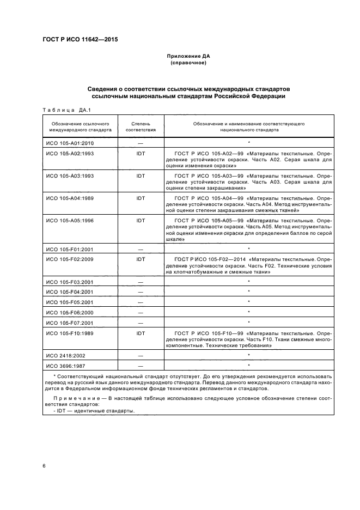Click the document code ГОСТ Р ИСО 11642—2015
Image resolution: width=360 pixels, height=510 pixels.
click(80, 39)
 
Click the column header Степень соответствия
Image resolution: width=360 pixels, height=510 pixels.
click(141, 127)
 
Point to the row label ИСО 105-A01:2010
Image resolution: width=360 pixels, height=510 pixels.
click(70, 143)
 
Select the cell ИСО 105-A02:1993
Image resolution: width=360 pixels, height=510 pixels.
click(70, 154)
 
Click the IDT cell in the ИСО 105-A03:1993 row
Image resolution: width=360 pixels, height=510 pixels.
click(141, 176)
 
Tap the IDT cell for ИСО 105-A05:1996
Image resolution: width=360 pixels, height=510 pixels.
click(141, 220)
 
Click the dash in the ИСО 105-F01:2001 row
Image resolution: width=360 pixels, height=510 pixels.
click(141, 248)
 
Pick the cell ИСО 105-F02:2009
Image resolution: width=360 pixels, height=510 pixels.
click(70, 259)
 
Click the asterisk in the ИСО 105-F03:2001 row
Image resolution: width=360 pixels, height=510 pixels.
click(248, 282)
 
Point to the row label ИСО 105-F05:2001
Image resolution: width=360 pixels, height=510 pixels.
click(70, 302)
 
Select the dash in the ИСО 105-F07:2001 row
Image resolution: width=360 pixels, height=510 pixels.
click(141, 322)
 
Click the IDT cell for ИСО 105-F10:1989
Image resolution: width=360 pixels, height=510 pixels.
click(141, 332)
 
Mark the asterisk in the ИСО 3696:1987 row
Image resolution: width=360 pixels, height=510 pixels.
click(248, 365)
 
